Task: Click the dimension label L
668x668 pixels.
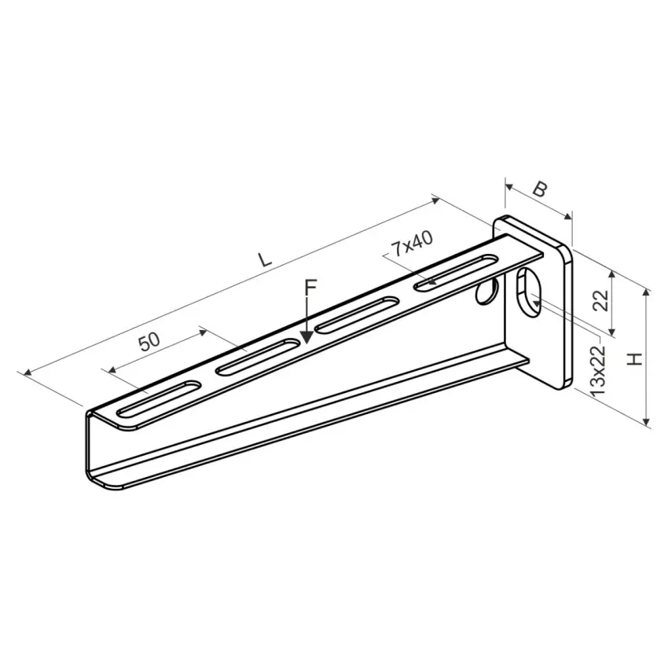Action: [x=265, y=259]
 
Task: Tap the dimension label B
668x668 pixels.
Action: [x=539, y=189]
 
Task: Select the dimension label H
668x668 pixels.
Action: [x=635, y=358]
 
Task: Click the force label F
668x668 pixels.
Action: [x=311, y=287]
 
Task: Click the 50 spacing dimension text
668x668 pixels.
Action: [x=150, y=341]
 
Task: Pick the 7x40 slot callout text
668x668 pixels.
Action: [x=412, y=244]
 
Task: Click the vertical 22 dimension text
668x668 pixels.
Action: [x=600, y=300]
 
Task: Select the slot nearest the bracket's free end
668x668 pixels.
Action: [x=159, y=398]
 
